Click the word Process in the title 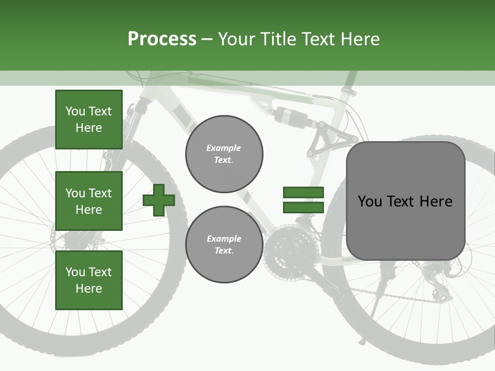(x=162, y=39)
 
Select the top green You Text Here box (x=89, y=120)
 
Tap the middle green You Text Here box (x=89, y=201)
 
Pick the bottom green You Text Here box (x=89, y=280)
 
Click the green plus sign (x=159, y=200)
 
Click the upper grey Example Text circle (x=224, y=154)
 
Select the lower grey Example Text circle (x=224, y=245)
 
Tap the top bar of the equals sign (x=303, y=193)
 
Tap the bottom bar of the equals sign (x=303, y=208)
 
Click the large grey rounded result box (x=405, y=201)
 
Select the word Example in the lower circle (x=224, y=239)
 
